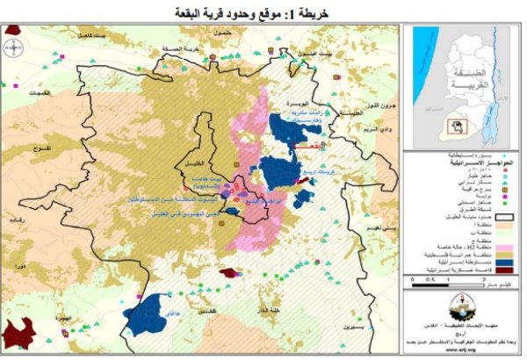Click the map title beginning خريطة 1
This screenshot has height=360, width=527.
(263, 12)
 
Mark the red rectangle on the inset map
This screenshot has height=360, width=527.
(455, 126)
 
